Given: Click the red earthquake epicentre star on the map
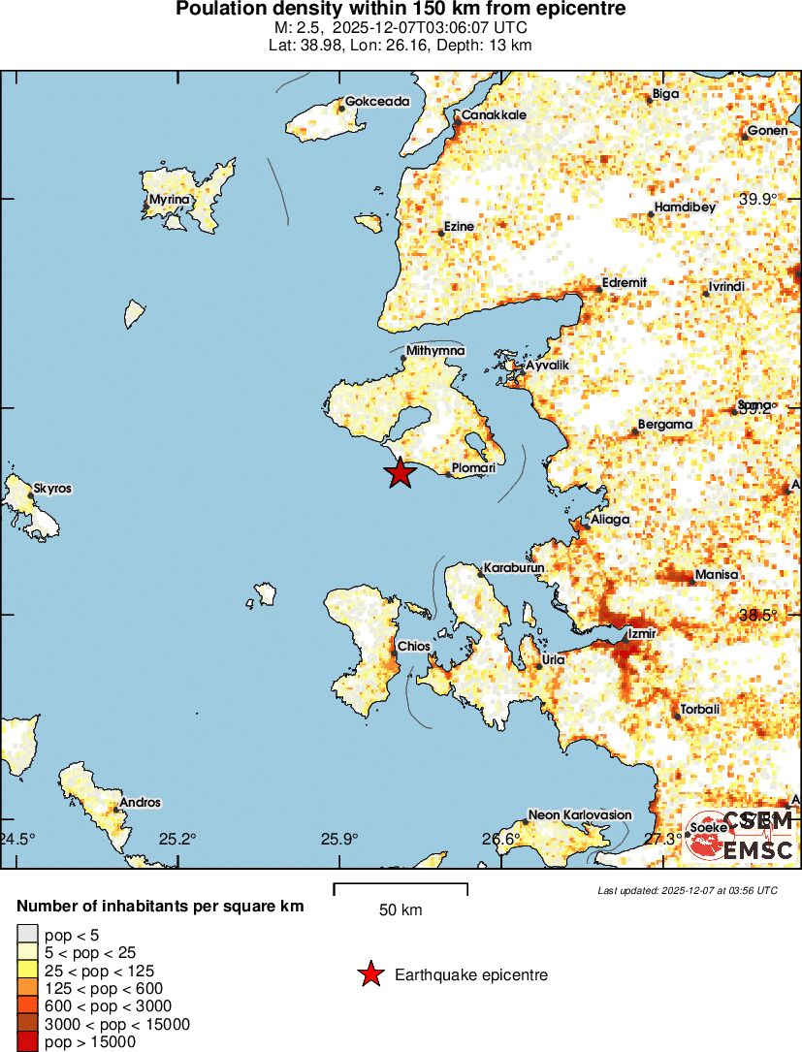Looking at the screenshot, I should [400, 473].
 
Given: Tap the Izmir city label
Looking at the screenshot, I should [643, 634].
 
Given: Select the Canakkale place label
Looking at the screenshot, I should [493, 115].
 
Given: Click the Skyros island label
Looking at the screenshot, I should [52, 489].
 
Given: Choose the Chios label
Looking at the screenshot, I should [414, 646].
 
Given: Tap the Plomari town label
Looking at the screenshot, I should [474, 468].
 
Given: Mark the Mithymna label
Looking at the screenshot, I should [435, 351].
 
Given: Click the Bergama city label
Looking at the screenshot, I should [665, 425].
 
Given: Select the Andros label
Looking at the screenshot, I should [141, 803].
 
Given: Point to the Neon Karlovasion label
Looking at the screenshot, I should [579, 815].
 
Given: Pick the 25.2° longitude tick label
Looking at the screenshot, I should [178, 839].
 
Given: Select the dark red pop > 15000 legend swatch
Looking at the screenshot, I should [27, 1042].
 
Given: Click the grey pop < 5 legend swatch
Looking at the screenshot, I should [27, 935].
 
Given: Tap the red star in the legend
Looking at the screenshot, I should [369, 974].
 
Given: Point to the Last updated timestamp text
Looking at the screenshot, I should [687, 890].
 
